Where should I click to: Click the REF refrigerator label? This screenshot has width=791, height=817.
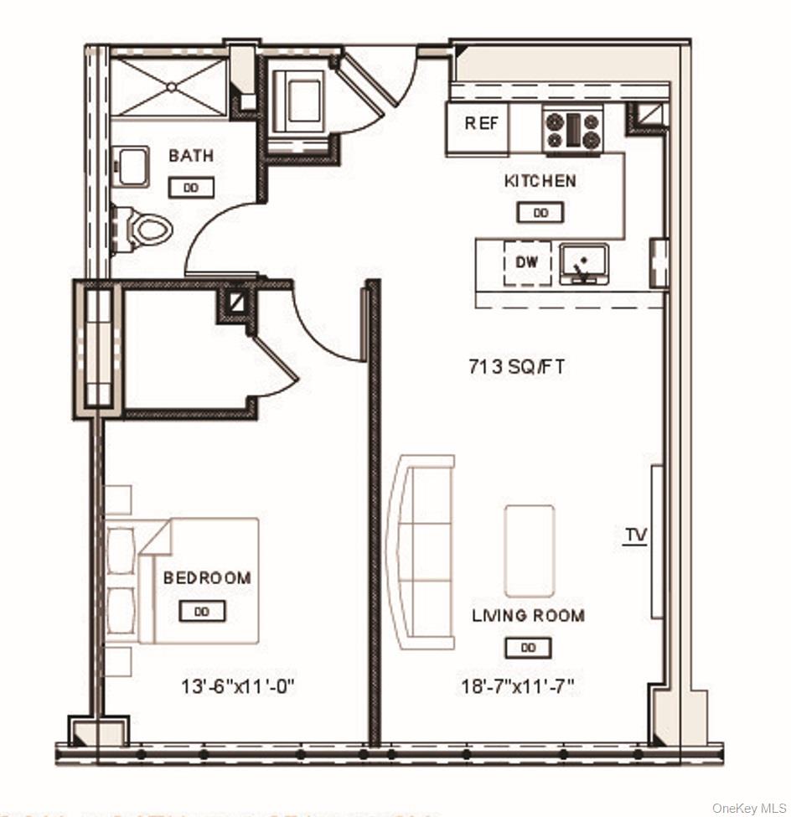[482, 123]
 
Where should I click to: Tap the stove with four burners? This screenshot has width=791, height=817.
[573, 132]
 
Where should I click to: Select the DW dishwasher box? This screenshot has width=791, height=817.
[527, 262]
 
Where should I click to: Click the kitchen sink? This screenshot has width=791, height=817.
[582, 263]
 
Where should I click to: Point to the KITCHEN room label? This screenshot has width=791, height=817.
[540, 181]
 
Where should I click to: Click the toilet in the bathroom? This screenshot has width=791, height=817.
[151, 227]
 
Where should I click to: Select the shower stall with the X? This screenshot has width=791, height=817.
[170, 86]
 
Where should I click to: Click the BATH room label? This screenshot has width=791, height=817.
[191, 156]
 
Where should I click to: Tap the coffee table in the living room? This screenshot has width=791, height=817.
[529, 550]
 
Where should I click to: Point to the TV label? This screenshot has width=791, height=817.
[636, 535]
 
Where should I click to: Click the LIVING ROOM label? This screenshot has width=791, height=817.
[528, 616]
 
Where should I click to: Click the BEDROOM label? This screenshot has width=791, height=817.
[207, 578]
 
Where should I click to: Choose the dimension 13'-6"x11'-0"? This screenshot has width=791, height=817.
[238, 688]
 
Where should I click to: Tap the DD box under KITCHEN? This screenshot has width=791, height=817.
[540, 213]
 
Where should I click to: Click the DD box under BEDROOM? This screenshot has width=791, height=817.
[202, 612]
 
